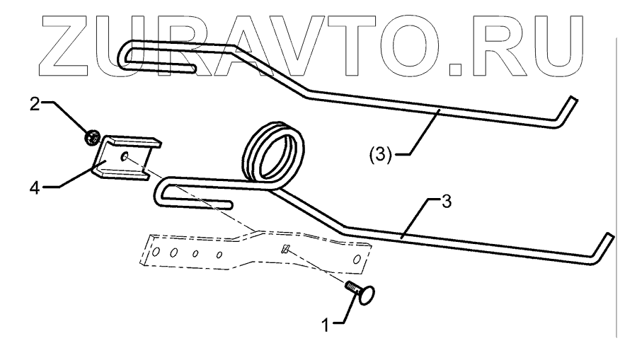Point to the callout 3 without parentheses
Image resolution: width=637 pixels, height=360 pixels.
point(445,201)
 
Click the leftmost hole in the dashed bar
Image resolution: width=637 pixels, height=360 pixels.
point(156,250)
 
